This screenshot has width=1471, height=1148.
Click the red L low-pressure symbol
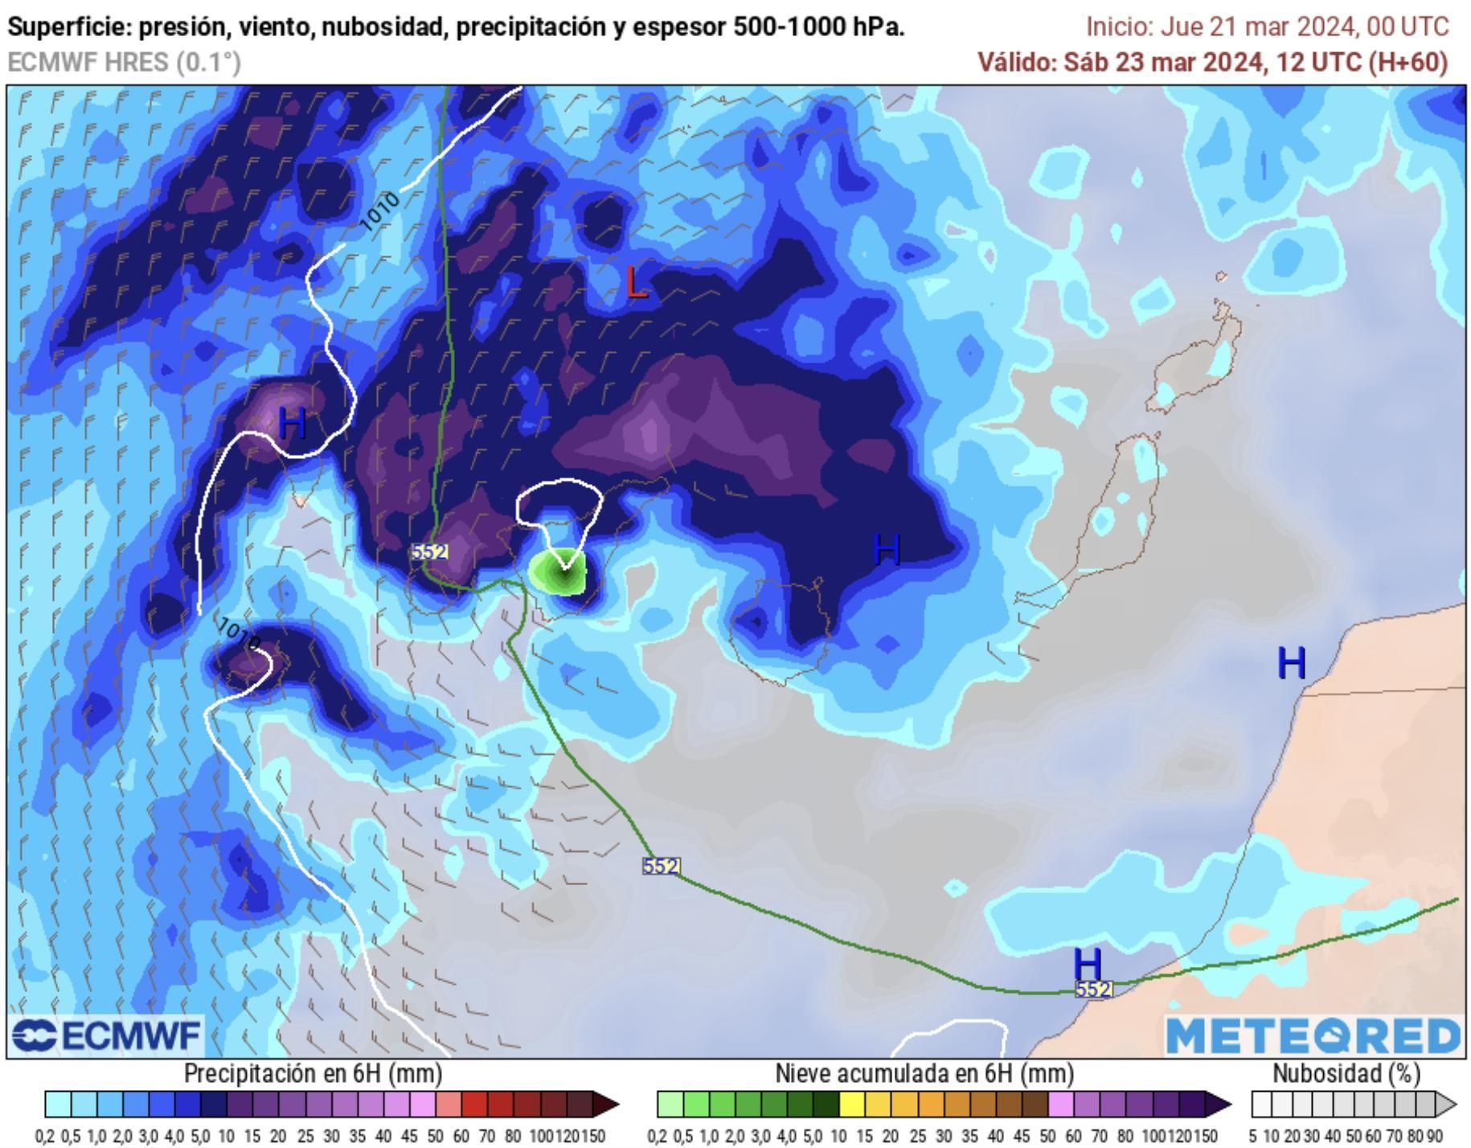(x=636, y=283)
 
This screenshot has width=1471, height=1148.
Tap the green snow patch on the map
(x=558, y=572)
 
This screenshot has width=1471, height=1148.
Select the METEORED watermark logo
(x=1313, y=1036)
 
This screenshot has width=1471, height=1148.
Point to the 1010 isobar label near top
(x=379, y=211)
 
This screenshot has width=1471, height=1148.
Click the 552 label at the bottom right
(x=1094, y=990)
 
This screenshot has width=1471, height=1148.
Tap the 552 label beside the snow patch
(x=429, y=551)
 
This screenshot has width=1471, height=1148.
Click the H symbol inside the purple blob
(x=293, y=423)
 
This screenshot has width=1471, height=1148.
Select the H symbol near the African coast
(x=1291, y=663)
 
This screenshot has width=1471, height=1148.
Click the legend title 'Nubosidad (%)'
(x=1346, y=1074)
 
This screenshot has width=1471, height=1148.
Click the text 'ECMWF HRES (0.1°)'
(x=125, y=62)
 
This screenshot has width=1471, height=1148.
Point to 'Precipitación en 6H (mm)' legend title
(x=313, y=1074)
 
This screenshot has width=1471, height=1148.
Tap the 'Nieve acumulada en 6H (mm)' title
(x=924, y=1074)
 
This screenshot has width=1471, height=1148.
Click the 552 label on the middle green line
(x=662, y=866)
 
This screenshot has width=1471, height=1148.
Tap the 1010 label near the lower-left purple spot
(x=239, y=634)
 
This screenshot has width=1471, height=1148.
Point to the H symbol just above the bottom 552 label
(x=1087, y=962)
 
